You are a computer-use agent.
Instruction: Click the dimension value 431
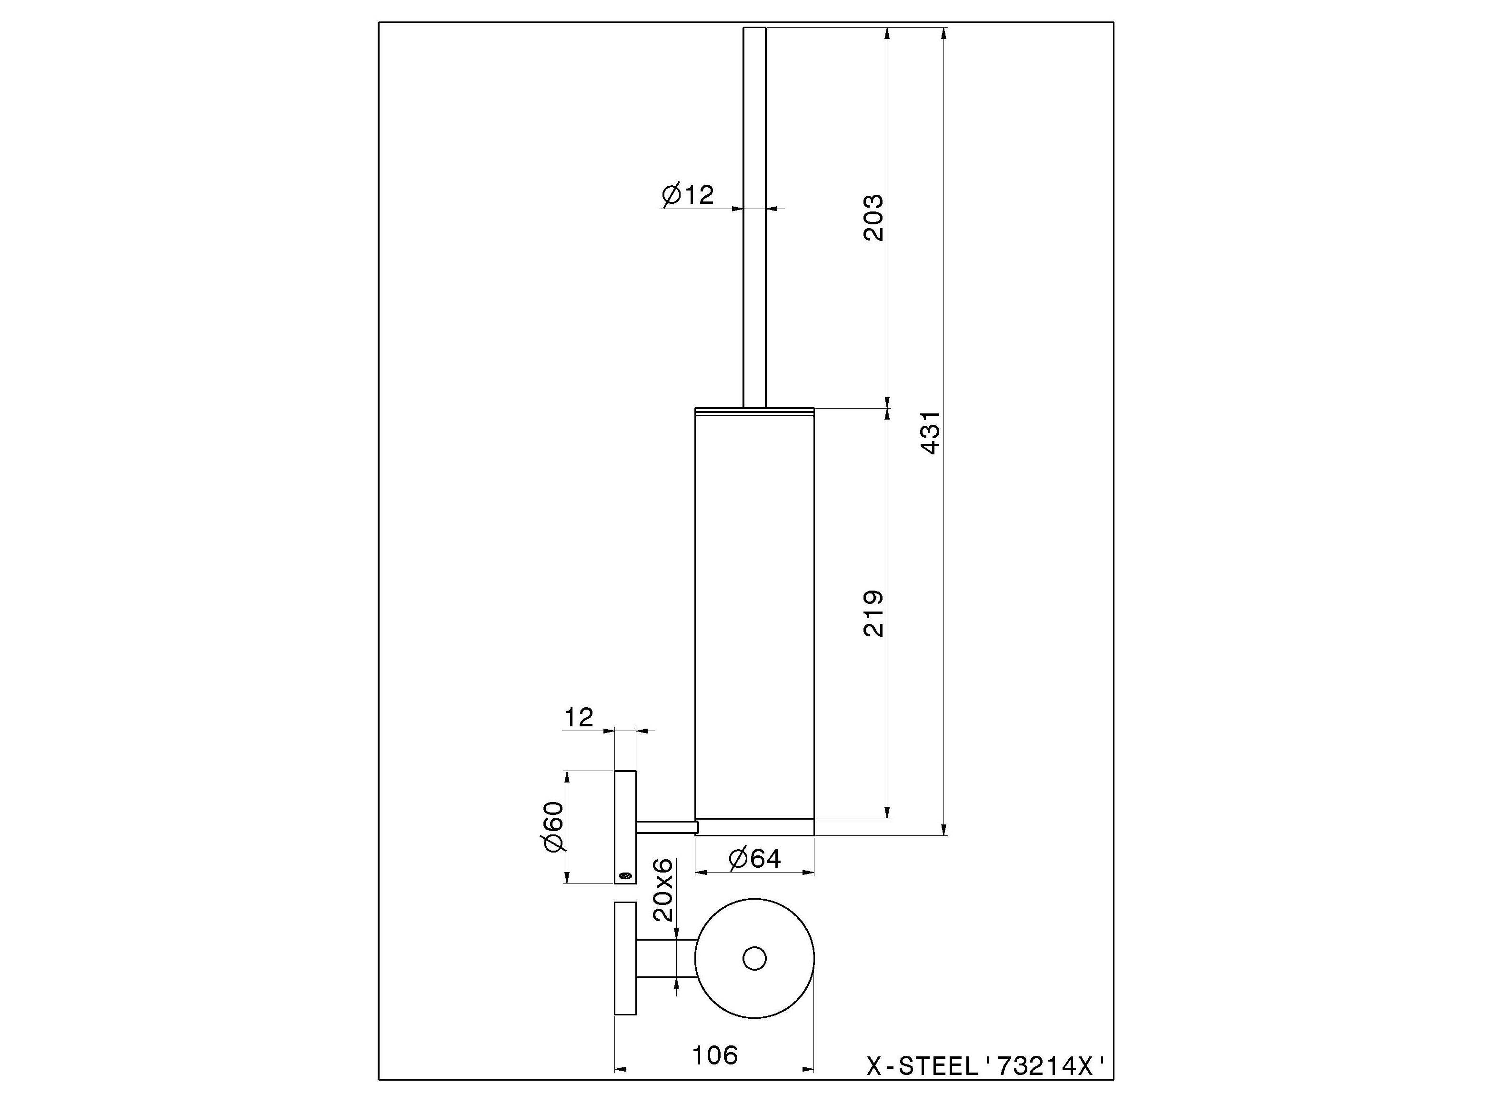pyautogui.click(x=932, y=433)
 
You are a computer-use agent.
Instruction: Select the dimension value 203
pyautogui.click(x=873, y=218)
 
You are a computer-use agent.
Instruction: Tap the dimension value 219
pyautogui.click(x=873, y=613)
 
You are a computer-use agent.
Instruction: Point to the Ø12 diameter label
pyautogui.click(x=687, y=195)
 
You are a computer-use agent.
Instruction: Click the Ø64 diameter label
pyautogui.click(x=754, y=859)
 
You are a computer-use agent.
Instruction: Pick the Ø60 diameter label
pyautogui.click(x=554, y=827)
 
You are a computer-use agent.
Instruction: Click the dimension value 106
pyautogui.click(x=714, y=1055)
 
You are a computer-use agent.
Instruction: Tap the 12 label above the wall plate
pyautogui.click(x=579, y=718)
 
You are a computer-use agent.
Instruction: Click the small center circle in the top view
pyautogui.click(x=754, y=958)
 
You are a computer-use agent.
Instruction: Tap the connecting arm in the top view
pyautogui.click(x=664, y=958)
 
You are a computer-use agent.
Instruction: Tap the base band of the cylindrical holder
pyautogui.click(x=754, y=827)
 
